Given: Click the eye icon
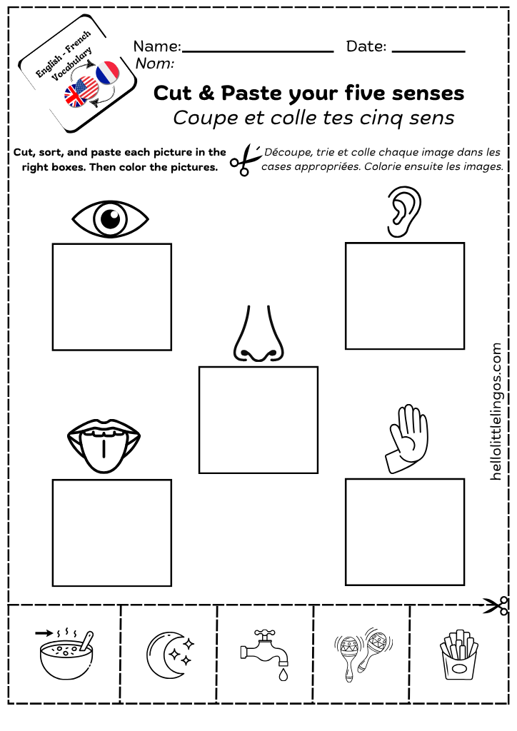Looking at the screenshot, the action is (x=110, y=218).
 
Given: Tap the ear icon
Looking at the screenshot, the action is (x=403, y=212).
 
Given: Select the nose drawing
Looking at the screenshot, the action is (x=258, y=334).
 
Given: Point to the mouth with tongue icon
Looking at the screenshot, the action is (x=104, y=445).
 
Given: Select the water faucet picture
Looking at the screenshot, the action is (x=265, y=653).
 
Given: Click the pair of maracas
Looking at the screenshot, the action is (x=363, y=654).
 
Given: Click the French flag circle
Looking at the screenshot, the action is (x=108, y=73).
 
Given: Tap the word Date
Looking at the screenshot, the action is (x=366, y=46).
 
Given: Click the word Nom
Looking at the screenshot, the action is (x=155, y=63).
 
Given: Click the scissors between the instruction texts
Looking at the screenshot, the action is (x=246, y=160).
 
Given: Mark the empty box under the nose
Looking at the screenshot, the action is (x=258, y=420).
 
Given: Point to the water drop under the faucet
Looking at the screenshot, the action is (x=283, y=675).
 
